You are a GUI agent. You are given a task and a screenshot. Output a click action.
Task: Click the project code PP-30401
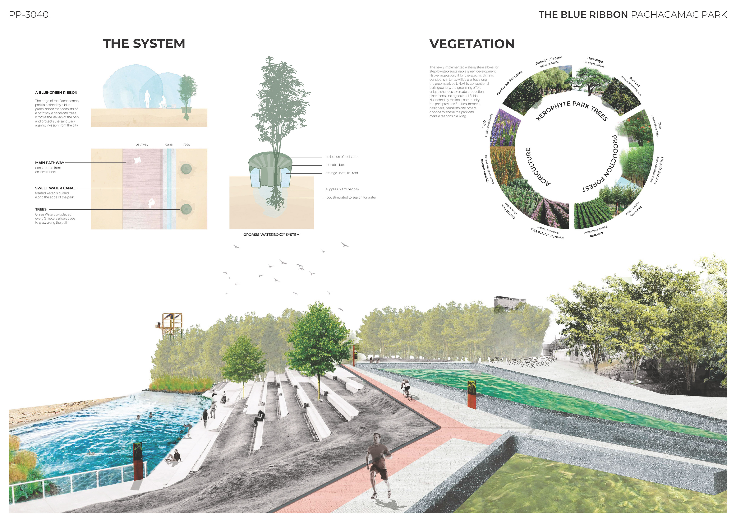pos(30,15)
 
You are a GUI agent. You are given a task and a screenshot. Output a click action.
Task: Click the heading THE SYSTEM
pos(144,44)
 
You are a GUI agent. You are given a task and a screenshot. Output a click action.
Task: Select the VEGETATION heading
pos(472,44)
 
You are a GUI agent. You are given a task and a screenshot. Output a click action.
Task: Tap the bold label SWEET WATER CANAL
pos(55,188)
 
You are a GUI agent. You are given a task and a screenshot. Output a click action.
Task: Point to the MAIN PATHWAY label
pos(50,163)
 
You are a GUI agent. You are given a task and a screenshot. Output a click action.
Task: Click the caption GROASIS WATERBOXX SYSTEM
pos(271,235)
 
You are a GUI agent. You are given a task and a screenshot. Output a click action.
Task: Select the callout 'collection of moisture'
pos(341,157)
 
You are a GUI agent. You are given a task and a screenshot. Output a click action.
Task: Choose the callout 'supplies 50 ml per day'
pos(342,189)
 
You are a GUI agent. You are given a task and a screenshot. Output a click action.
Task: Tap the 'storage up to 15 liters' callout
pos(342,173)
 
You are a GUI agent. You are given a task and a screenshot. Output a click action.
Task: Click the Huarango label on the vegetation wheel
pos(595,60)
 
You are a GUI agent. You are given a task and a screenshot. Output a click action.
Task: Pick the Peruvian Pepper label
pos(549,60)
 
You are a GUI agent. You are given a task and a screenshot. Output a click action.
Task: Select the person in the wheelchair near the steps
pos(224,398)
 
